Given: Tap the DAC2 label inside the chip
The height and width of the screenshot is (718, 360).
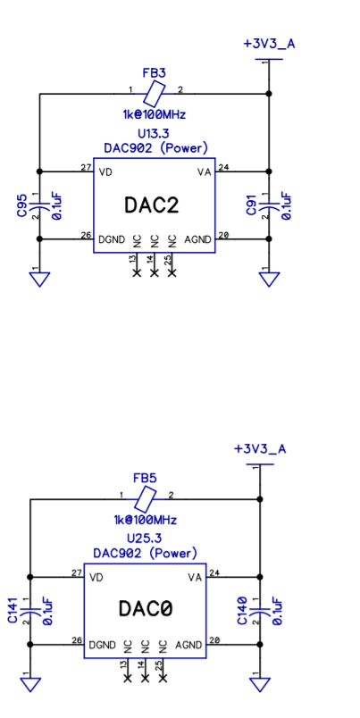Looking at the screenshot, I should (x=151, y=205).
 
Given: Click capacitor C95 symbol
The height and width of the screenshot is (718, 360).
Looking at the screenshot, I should (x=39, y=205).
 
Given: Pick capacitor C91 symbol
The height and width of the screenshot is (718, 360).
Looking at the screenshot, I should (x=269, y=205).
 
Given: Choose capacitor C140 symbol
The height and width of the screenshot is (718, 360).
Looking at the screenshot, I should (x=259, y=609).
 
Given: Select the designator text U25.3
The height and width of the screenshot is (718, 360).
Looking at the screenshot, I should (x=143, y=538).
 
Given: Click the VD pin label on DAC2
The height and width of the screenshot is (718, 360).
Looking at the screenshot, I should (x=106, y=171).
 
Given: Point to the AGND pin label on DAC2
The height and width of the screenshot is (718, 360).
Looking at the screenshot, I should (x=197, y=239).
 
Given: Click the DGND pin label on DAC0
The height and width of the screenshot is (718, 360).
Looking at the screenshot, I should (x=102, y=643).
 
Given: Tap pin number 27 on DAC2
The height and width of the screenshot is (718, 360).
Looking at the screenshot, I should (x=84, y=166).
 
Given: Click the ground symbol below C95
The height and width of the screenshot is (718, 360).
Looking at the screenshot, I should (x=39, y=280).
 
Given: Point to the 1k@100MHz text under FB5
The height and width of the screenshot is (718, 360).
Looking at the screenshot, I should (x=145, y=520).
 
